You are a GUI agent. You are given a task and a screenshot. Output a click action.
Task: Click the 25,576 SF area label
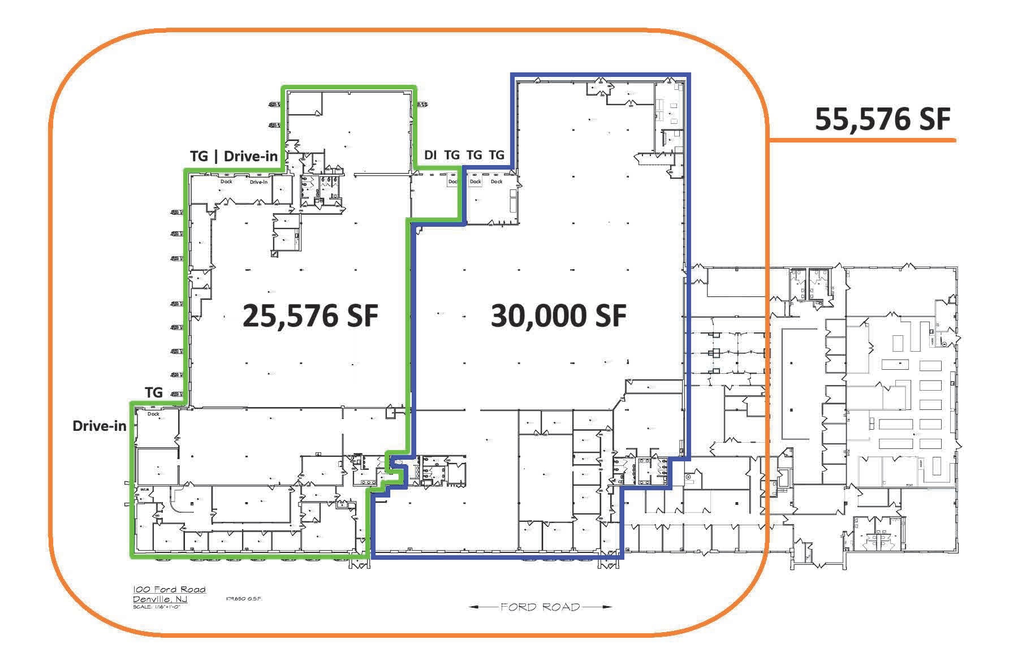tap(310, 315)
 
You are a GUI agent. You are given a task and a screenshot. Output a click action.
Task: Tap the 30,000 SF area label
tap(558, 315)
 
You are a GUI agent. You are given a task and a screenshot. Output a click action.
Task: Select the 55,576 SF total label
tap(882, 119)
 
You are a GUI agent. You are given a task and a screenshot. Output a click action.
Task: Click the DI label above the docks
tap(430, 155)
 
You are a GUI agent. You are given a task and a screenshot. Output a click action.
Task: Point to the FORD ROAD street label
tap(540, 607)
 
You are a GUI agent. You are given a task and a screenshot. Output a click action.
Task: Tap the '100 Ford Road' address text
tap(169, 590)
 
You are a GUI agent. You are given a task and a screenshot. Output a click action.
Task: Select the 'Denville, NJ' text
tap(160, 599)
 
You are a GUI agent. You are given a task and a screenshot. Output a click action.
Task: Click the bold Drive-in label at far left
tap(100, 426)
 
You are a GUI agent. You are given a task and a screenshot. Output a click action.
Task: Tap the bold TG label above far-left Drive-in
tap(154, 392)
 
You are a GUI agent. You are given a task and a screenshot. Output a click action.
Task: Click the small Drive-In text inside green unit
tap(258, 182)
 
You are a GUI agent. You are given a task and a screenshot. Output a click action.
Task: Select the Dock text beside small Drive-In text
tap(226, 181)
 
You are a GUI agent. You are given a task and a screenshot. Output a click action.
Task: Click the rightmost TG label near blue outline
tap(496, 155)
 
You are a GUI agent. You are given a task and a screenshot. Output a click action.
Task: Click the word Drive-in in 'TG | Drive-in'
tap(251, 156)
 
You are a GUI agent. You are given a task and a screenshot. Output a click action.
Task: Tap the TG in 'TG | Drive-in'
tap(199, 156)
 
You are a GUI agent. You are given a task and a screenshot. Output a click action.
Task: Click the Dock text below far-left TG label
tap(153, 414)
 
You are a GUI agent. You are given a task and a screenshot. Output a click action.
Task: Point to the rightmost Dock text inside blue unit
tap(497, 181)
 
